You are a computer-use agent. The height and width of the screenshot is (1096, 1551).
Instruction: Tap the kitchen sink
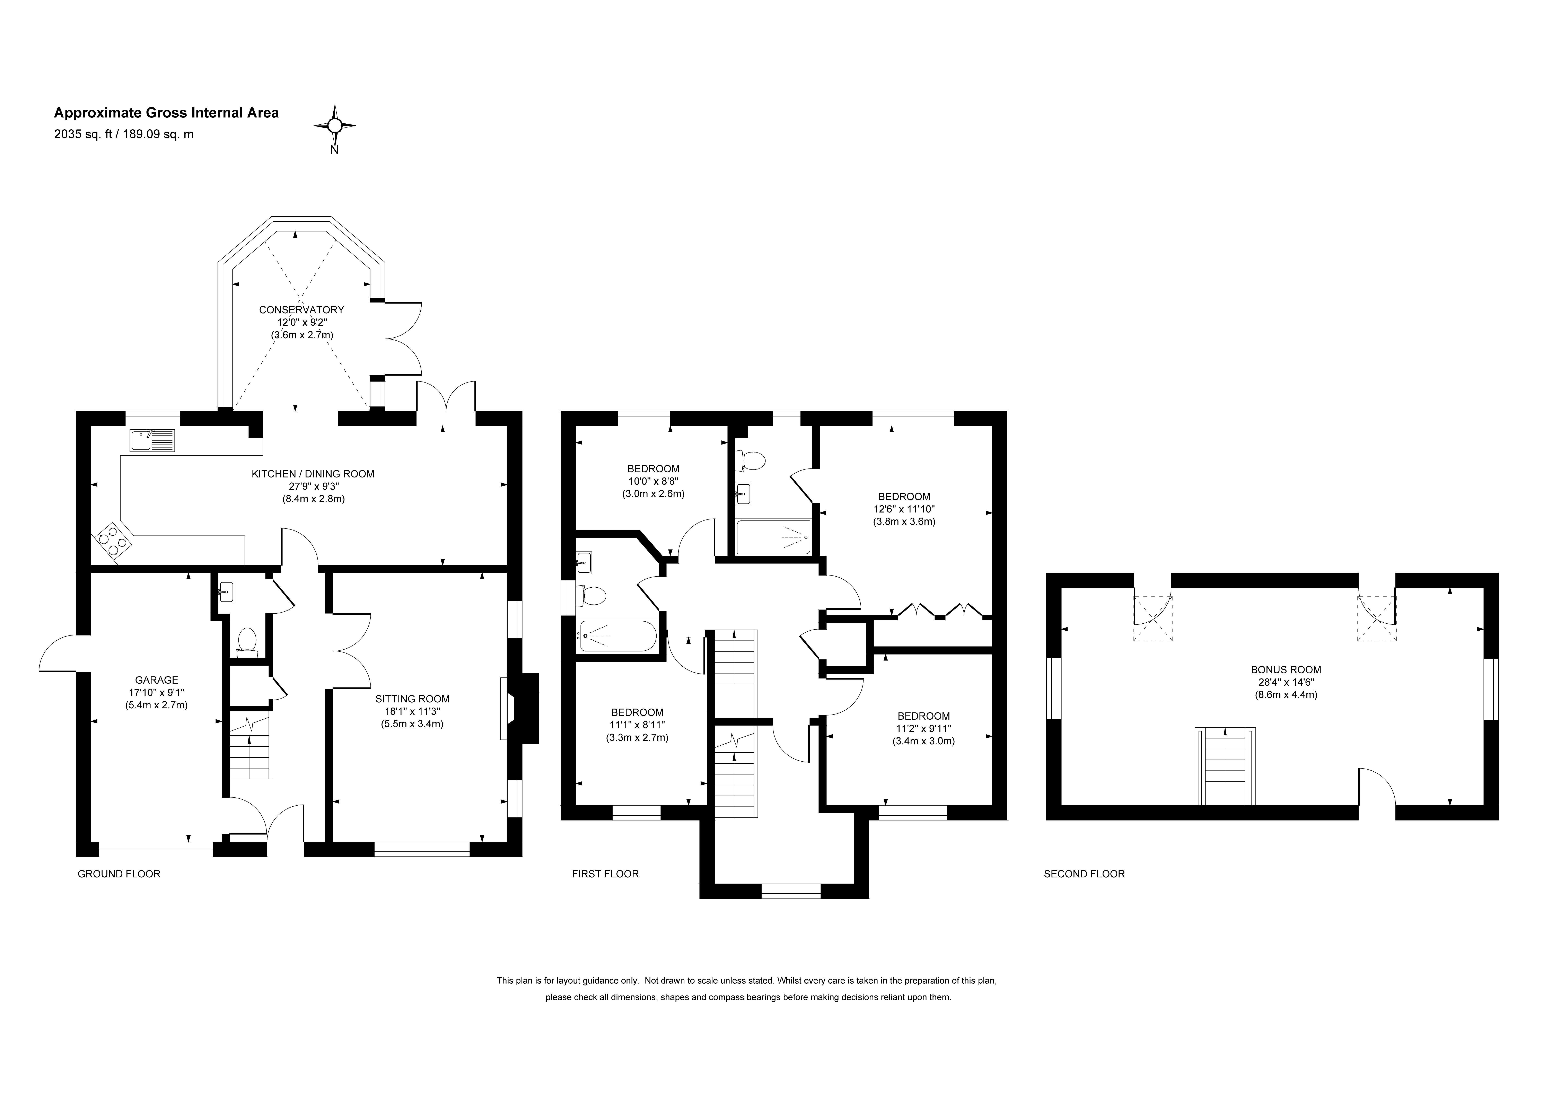[x=152, y=441]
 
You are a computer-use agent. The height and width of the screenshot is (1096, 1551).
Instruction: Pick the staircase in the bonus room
[x=1225, y=766]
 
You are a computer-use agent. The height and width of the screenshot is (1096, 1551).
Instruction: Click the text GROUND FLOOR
[x=119, y=874]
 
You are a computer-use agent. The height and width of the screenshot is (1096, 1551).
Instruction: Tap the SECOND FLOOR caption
[x=1084, y=874]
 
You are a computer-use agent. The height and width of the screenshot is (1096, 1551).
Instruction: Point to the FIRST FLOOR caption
[x=605, y=874]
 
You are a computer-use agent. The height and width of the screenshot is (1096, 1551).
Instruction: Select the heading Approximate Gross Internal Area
[x=166, y=113]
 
